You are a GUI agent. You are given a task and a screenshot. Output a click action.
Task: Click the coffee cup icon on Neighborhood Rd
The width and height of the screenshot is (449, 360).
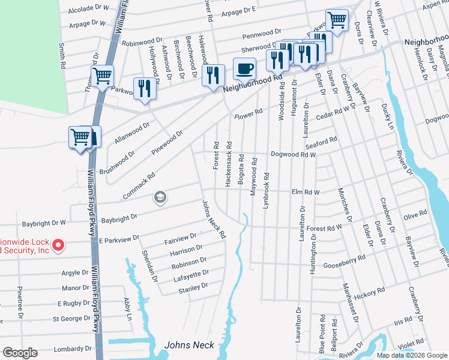[244, 69]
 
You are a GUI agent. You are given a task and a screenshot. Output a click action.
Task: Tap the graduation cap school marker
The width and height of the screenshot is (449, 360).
[160, 197]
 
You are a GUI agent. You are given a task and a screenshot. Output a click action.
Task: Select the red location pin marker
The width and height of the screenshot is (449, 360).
[58, 245]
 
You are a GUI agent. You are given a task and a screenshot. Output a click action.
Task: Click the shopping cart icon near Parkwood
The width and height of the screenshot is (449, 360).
[103, 77]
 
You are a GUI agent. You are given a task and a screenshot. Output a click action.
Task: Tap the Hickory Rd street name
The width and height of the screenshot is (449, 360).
[369, 293]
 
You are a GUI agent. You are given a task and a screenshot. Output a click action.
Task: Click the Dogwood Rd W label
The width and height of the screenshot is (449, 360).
[293, 154]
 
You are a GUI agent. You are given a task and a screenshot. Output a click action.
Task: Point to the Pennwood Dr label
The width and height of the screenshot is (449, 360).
[261, 31]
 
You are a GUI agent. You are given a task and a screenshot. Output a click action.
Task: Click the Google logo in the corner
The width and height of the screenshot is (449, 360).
[20, 353]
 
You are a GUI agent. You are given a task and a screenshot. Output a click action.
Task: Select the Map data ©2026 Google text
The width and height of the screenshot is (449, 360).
[412, 355]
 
